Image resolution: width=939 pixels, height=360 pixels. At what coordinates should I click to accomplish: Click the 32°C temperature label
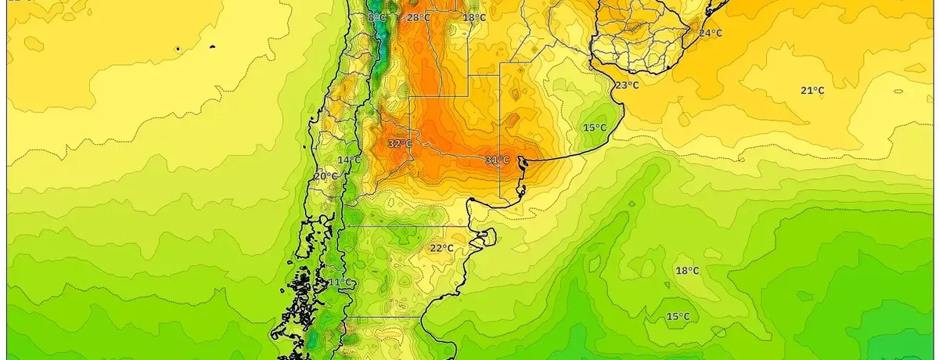click(x=400, y=144)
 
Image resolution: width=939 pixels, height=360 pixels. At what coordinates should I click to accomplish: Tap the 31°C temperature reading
click(x=496, y=160)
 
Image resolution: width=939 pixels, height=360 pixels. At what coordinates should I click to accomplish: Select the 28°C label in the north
click(x=419, y=17)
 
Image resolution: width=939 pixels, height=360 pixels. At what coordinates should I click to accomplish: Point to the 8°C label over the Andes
click(x=377, y=17)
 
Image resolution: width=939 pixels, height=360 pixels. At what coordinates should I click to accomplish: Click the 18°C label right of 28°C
click(x=474, y=18)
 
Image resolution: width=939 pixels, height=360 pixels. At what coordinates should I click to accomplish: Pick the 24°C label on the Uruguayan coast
click(x=711, y=33)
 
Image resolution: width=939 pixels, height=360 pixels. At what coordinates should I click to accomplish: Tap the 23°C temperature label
click(x=626, y=85)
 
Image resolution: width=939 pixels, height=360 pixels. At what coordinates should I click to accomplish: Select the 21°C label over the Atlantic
click(x=812, y=91)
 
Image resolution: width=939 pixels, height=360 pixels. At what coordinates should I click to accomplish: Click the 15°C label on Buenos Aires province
click(x=595, y=128)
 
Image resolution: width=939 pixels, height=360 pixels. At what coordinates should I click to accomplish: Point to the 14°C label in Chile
click(x=349, y=160)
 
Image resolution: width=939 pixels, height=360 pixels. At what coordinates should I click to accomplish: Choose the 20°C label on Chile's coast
click(x=326, y=177)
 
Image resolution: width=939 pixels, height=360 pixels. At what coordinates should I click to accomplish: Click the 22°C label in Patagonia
click(x=441, y=249)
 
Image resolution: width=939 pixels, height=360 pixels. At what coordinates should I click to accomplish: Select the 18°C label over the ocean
click(x=687, y=271)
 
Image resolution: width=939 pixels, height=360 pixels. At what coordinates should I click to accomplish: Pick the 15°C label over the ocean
click(x=678, y=317)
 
